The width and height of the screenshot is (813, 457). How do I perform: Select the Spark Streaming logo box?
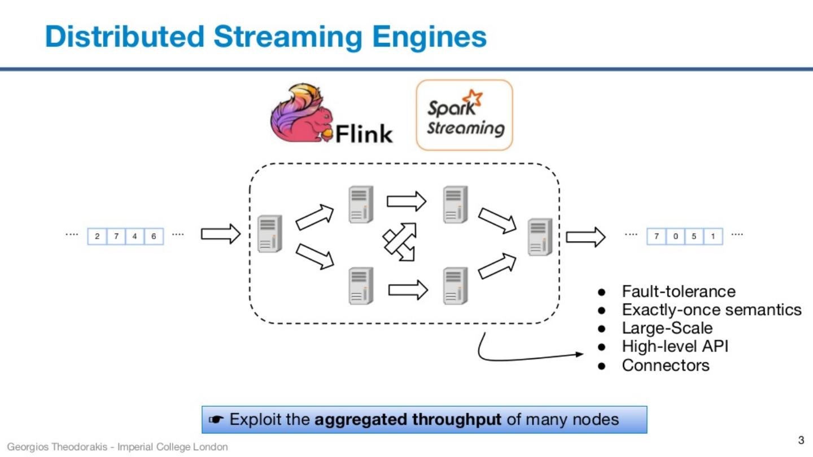464,115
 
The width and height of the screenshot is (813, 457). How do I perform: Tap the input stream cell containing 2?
97,236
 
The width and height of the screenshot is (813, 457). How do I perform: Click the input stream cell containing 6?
154,236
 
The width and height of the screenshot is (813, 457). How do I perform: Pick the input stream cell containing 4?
134,236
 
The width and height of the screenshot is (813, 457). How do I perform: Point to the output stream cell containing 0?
675,236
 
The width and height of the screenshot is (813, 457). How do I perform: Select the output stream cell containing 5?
694,236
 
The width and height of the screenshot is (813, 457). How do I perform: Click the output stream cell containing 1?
713,236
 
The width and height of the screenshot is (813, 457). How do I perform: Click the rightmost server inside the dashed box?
540,238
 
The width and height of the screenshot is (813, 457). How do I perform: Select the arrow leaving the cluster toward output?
585,237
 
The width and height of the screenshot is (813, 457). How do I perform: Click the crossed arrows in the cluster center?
400,242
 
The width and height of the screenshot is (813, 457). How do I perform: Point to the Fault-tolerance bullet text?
679,291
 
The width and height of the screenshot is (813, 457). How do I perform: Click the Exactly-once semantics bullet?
711,310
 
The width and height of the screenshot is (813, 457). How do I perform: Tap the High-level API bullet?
675,346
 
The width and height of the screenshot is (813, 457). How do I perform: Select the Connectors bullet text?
666,365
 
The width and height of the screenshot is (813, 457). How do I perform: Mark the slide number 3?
801,440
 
